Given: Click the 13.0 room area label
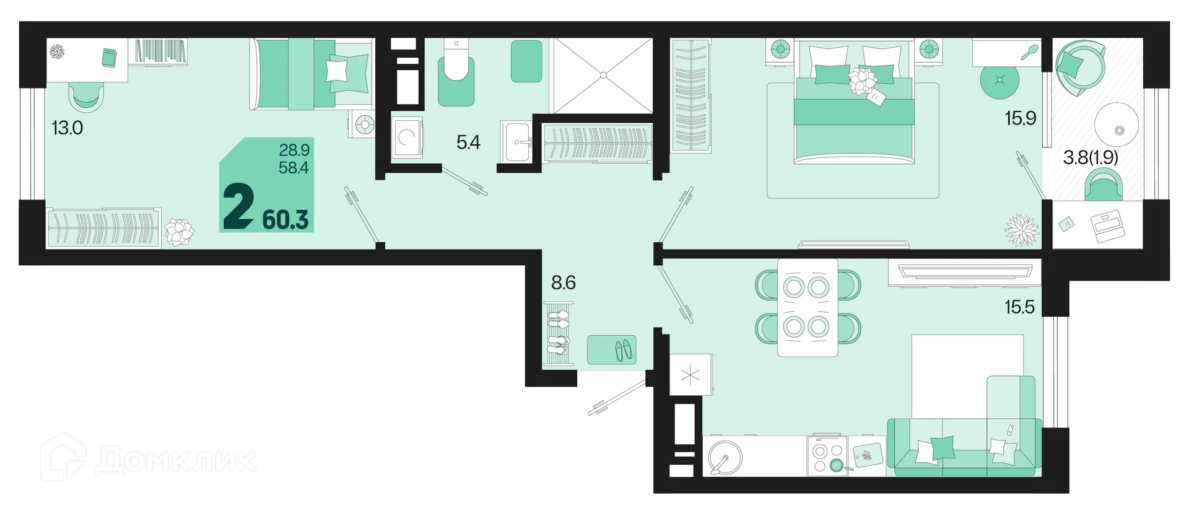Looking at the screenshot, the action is [x=67, y=128].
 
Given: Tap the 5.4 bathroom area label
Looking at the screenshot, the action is [x=468, y=142].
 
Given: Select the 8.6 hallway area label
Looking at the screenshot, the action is [x=564, y=283].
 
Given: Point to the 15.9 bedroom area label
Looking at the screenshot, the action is [x=1021, y=118].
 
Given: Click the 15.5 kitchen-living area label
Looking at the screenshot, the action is [x=1020, y=307].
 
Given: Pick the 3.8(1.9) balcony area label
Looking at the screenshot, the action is [x=1091, y=157].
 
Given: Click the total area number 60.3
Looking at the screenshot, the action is [x=285, y=220].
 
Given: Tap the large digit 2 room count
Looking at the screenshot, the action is [x=238, y=208].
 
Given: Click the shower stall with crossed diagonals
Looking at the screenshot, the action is [x=603, y=76].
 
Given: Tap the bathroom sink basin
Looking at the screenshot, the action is [x=516, y=142].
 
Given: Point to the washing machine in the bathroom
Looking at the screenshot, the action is [x=407, y=137].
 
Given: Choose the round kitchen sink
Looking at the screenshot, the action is [x=725, y=458].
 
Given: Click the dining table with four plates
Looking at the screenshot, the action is [x=808, y=307].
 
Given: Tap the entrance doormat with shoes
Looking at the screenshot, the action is [x=612, y=349].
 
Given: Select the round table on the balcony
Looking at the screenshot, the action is [x=1117, y=125].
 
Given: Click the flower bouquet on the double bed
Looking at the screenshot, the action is [x=862, y=81].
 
